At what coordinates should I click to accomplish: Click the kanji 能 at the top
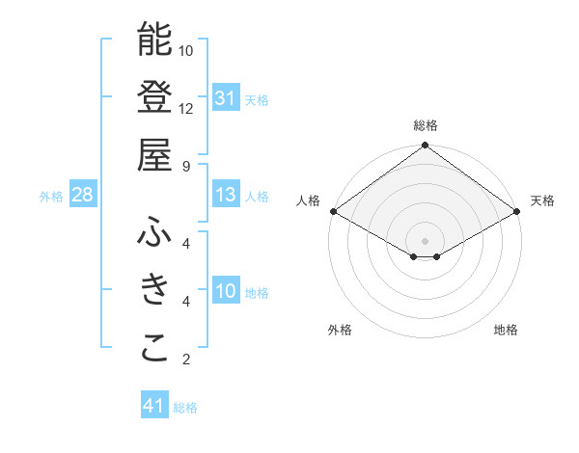pyautogui.click(x=154, y=40)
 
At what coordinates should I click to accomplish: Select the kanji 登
pyautogui.click(x=154, y=96)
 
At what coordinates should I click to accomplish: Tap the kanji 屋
pyautogui.click(x=154, y=154)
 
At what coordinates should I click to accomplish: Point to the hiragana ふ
pyautogui.click(x=154, y=233)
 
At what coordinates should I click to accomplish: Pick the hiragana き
pyautogui.click(x=154, y=290)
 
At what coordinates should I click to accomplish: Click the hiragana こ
pyautogui.click(x=154, y=348)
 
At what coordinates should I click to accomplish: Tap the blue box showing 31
pyautogui.click(x=225, y=97)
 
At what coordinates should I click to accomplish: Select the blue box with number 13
pyautogui.click(x=225, y=195)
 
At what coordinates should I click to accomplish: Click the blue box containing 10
pyautogui.click(x=225, y=291)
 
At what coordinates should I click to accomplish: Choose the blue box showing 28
pyautogui.click(x=82, y=195)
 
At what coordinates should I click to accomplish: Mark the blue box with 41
pyautogui.click(x=154, y=406)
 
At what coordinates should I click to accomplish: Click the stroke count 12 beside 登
pyautogui.click(x=186, y=108)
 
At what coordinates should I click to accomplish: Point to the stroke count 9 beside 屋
pyautogui.click(x=186, y=165)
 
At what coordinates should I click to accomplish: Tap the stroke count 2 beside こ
pyautogui.click(x=186, y=360)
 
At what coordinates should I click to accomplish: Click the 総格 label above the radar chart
pyautogui.click(x=425, y=125)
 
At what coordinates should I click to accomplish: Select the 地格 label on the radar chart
pyautogui.click(x=506, y=330)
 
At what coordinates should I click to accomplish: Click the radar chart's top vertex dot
pyautogui.click(x=425, y=147)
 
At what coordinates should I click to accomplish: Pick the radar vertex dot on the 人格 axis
pyautogui.click(x=332, y=211)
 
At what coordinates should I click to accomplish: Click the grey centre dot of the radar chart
pyautogui.click(x=425, y=239)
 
